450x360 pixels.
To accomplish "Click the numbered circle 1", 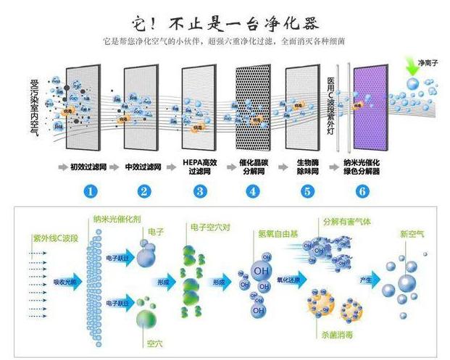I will pyautogui.click(x=91, y=191).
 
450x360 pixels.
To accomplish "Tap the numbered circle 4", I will pyautogui.click(x=252, y=191).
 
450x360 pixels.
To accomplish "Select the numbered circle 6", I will pyautogui.click(x=362, y=191).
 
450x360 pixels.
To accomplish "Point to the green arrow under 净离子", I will pyautogui.click(x=414, y=67).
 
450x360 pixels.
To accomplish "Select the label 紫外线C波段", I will pyautogui.click(x=46, y=238).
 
